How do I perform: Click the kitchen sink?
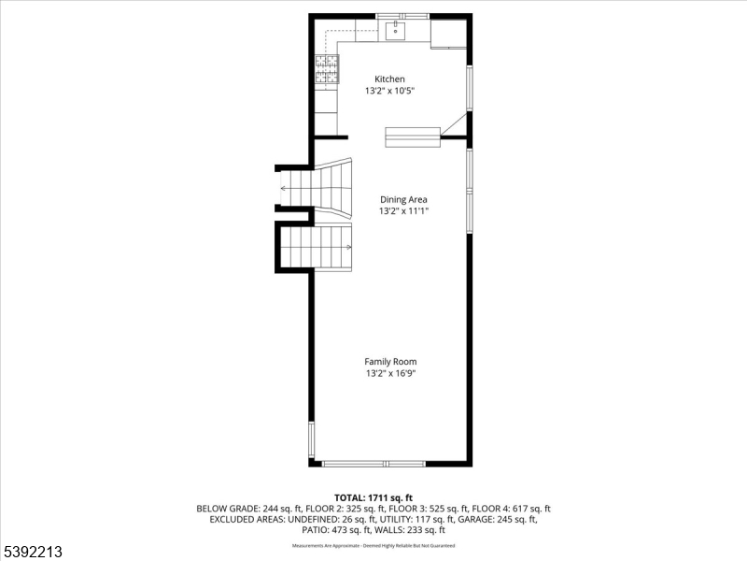click(x=396, y=32)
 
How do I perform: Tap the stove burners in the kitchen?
click(x=327, y=69)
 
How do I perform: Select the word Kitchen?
click(x=389, y=79)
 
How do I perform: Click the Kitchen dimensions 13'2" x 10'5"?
click(x=389, y=91)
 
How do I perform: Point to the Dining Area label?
click(x=403, y=199)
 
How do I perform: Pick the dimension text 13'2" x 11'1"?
click(x=403, y=211)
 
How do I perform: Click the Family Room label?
click(x=390, y=361)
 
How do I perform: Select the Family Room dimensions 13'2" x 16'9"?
click(x=390, y=374)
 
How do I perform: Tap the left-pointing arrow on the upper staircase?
click(x=283, y=188)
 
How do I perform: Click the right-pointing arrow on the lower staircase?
click(x=347, y=247)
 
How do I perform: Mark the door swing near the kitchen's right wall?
click(x=454, y=125)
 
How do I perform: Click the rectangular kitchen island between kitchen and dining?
click(x=412, y=137)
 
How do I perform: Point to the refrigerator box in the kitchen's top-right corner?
click(x=448, y=33)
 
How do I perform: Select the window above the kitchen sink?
click(x=402, y=15)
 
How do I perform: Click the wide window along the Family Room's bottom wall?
click(x=373, y=463)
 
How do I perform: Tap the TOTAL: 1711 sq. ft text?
click(x=373, y=496)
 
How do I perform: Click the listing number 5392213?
click(x=33, y=553)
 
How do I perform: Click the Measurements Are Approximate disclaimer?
click(x=373, y=545)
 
